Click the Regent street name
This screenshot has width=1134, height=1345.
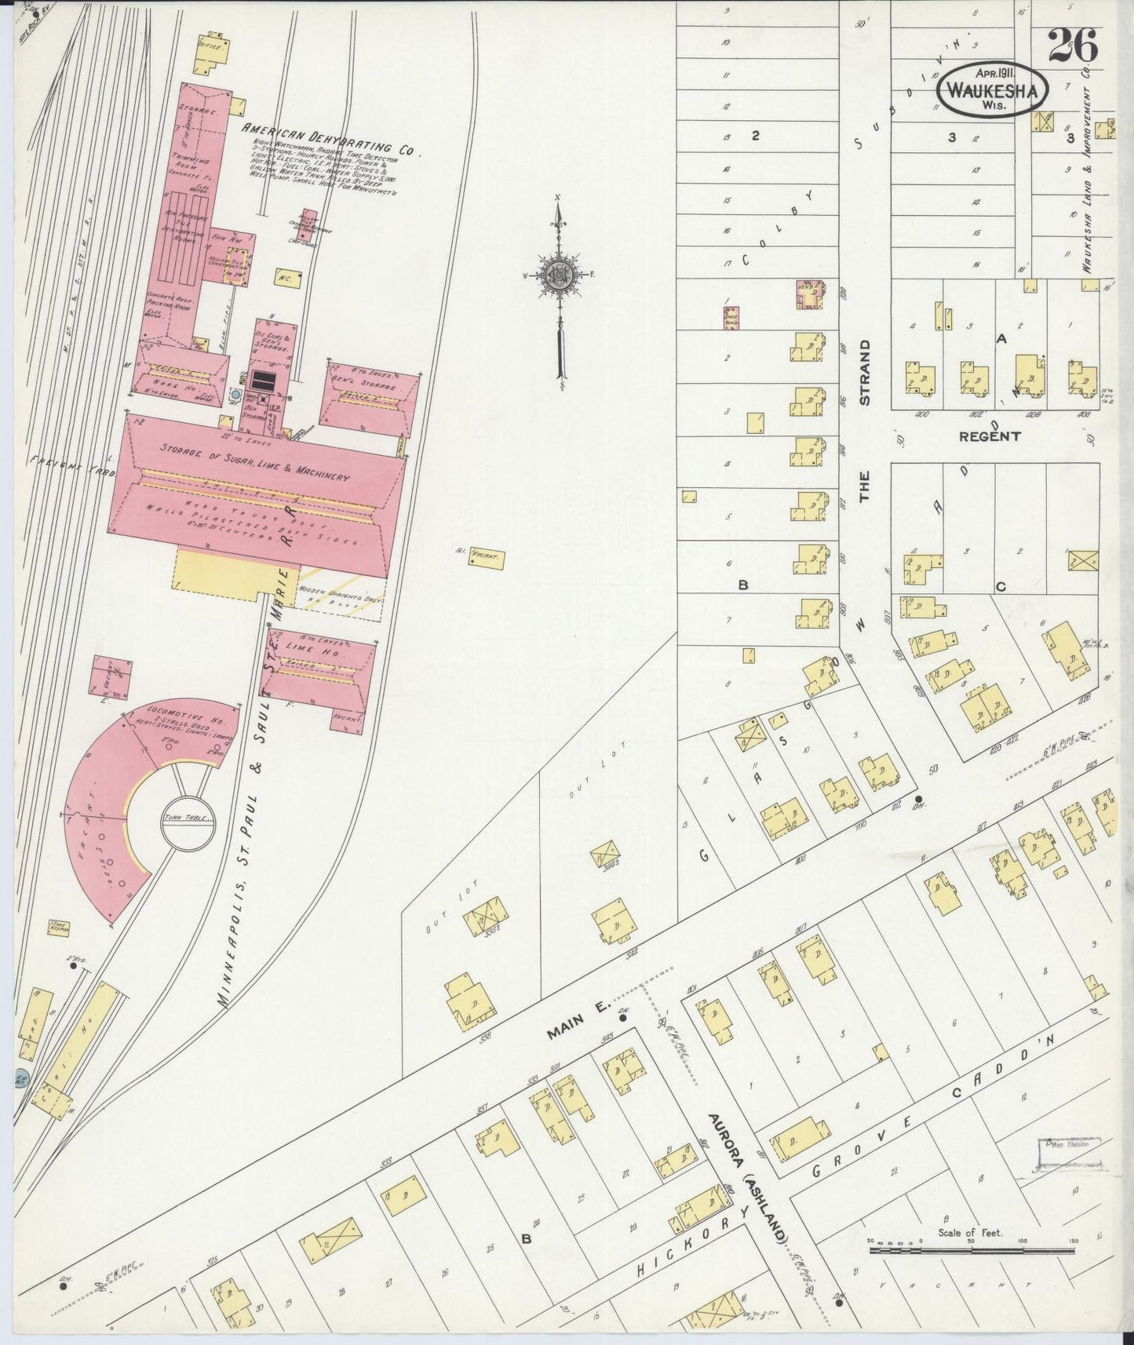989,436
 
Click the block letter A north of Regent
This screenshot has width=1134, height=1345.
1000,339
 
